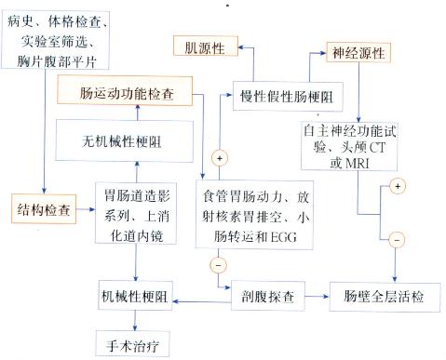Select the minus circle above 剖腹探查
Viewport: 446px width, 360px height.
click(218, 265)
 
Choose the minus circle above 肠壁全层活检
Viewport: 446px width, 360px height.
click(397, 238)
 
